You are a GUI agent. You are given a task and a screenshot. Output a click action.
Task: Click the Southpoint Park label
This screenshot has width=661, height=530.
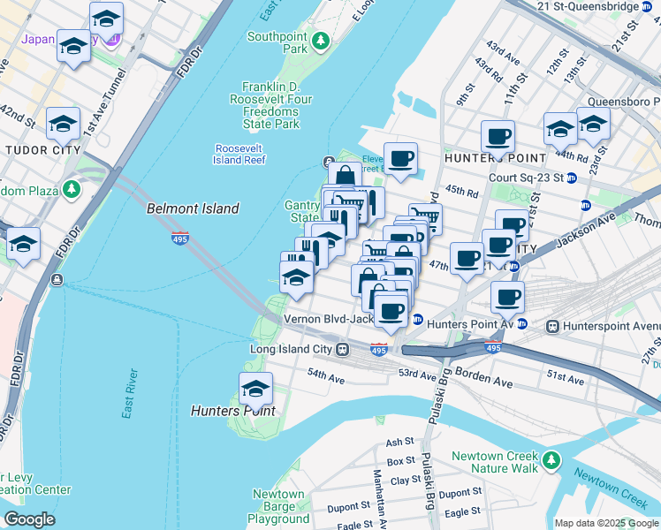(x=276, y=42)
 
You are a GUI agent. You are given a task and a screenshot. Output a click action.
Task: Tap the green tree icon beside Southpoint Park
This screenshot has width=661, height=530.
(x=322, y=41)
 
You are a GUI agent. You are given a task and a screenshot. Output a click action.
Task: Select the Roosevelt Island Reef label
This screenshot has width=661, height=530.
(x=239, y=154)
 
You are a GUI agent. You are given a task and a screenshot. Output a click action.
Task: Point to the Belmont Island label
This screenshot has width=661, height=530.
(x=192, y=208)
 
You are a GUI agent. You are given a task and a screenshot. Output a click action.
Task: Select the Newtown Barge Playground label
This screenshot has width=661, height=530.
(x=278, y=507)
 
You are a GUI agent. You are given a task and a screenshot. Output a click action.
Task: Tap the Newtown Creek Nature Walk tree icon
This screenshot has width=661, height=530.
(x=552, y=459)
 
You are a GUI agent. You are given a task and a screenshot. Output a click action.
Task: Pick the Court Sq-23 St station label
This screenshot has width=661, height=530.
(x=526, y=178)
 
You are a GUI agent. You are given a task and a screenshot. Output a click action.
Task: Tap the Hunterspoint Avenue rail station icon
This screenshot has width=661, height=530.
(x=553, y=325)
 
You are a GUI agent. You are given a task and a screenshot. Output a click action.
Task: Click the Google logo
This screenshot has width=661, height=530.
(x=29, y=519)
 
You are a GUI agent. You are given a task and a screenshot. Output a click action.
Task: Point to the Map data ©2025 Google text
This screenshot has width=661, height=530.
(x=605, y=523)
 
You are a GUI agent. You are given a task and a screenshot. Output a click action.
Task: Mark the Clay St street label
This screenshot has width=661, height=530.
(x=406, y=480)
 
